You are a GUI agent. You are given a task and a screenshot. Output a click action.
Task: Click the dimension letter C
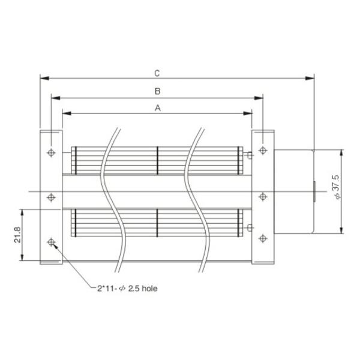point(157,73)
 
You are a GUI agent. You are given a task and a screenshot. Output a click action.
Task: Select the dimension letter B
point(157,91)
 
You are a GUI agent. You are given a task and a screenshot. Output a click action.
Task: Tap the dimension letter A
point(157,109)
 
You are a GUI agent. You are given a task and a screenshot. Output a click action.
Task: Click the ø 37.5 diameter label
point(336,187)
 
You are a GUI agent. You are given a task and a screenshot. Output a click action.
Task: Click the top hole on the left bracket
point(51,151)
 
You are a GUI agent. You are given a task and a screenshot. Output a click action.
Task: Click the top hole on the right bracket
point(262,149)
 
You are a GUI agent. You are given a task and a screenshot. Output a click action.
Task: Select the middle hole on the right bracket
point(262,195)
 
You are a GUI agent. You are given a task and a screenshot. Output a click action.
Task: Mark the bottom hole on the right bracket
point(262,239)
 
